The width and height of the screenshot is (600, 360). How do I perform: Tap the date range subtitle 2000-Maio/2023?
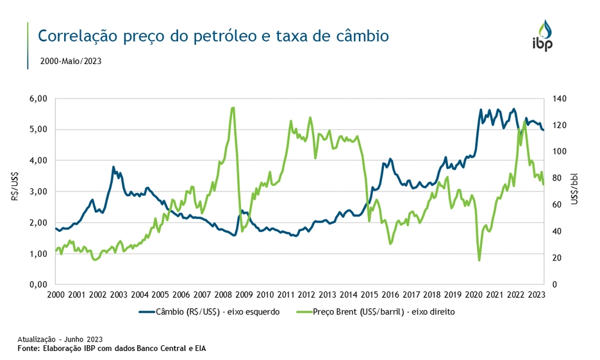click(x=71, y=61)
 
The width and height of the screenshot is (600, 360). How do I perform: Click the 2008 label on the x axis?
click(x=222, y=295)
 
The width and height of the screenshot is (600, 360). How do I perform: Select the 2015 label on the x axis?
click(x=369, y=295)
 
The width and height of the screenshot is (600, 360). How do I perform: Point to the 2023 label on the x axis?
click(x=536, y=295)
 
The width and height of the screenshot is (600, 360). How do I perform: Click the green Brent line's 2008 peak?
click(x=232, y=108)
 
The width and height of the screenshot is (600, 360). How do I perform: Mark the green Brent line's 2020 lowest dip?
click(x=479, y=260)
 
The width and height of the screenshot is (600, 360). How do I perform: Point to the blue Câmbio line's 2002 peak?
click(x=113, y=167)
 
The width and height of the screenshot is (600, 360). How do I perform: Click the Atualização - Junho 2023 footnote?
click(x=60, y=339)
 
